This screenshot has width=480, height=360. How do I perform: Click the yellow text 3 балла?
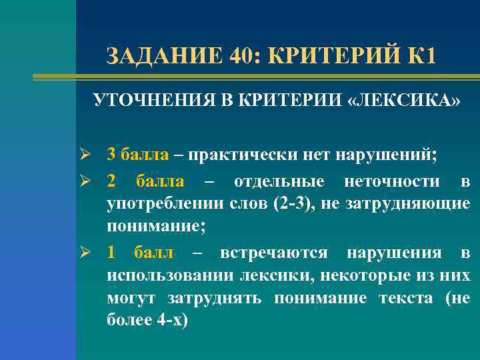pyautogui.click(x=138, y=156)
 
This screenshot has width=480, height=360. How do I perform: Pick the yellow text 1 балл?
pyautogui.click(x=141, y=253)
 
